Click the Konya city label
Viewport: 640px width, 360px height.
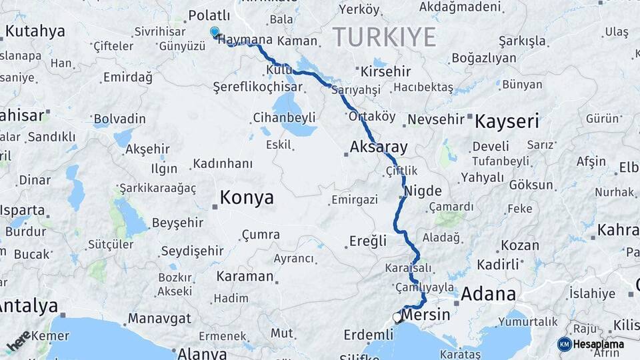[x=247, y=197]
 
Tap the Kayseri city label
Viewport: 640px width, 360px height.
[x=506, y=121]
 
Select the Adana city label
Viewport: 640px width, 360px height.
[x=488, y=294]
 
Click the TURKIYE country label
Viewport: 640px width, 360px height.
[x=384, y=36]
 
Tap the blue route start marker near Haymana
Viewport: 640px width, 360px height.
[x=215, y=31]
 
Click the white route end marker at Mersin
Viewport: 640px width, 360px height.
[x=398, y=318]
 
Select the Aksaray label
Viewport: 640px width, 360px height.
[x=379, y=147]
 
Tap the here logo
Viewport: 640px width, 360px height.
[x=19, y=340]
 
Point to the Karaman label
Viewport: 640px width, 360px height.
[x=245, y=276]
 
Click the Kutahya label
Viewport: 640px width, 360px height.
[x=35, y=31]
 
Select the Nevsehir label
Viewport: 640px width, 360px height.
[x=435, y=119]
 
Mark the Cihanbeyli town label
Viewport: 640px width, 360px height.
[x=284, y=118]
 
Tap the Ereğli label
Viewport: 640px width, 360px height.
[x=367, y=241]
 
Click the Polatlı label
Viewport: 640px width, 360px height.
[x=209, y=15]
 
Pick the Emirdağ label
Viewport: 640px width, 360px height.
[x=127, y=77]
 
